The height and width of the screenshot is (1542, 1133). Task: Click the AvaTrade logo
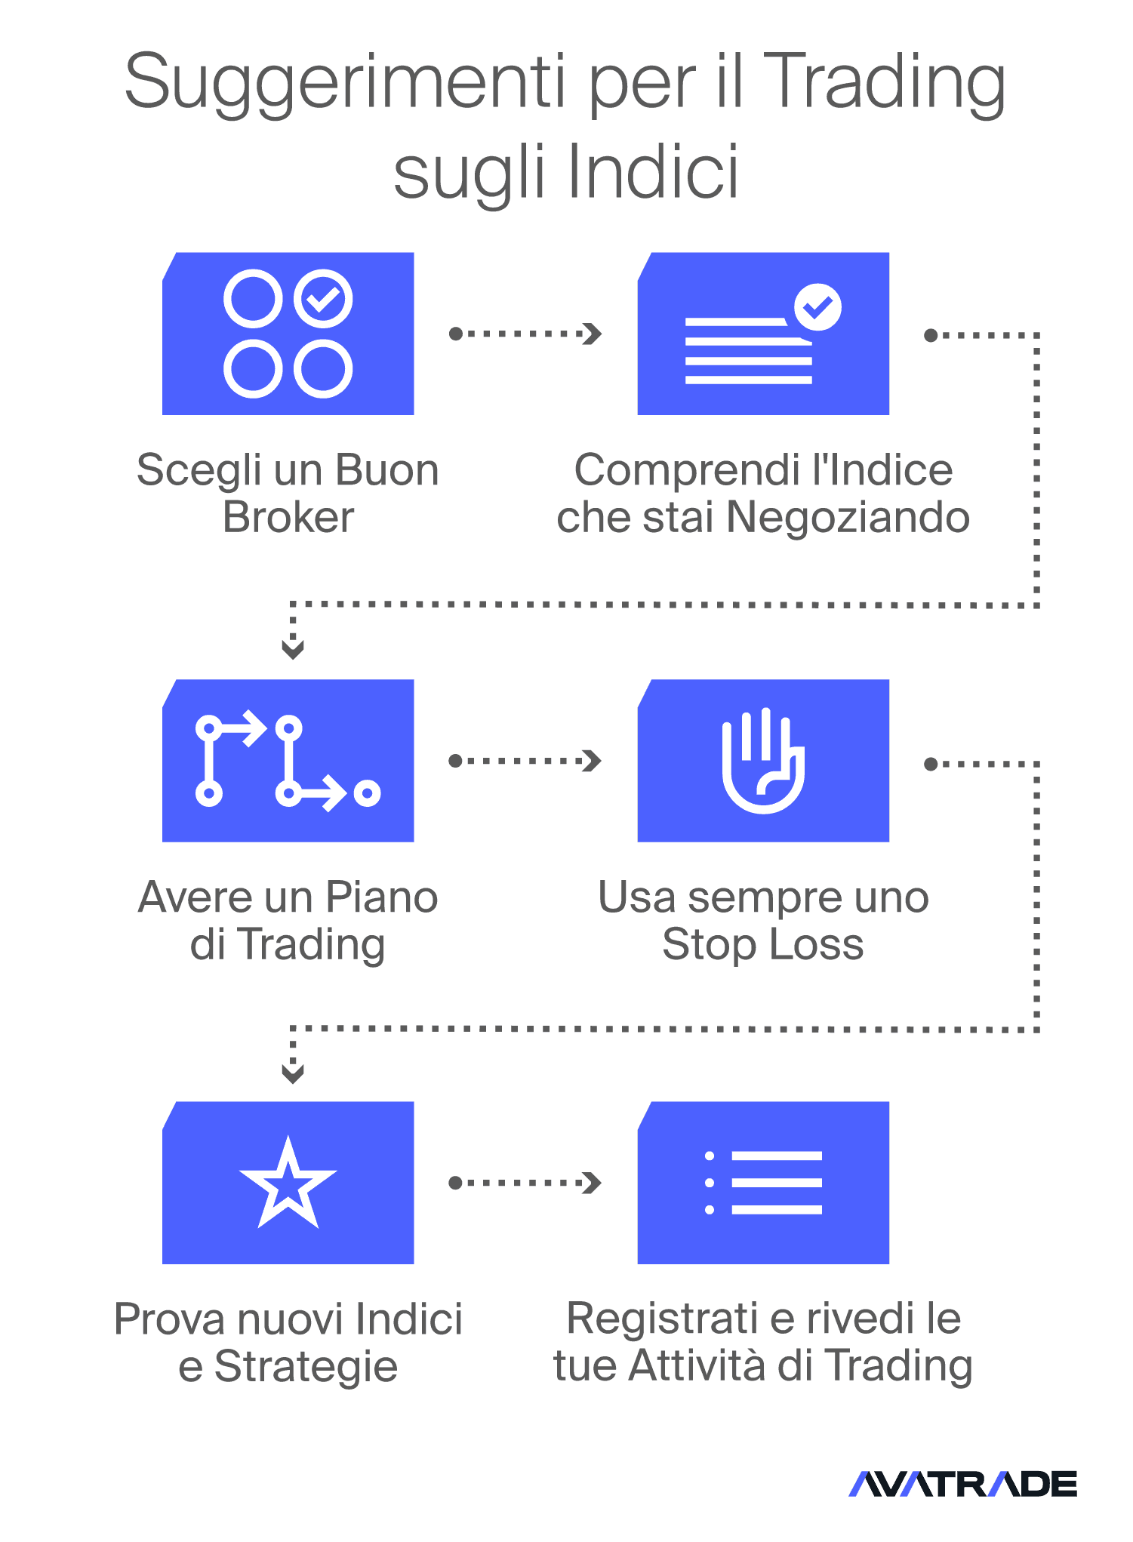(x=962, y=1484)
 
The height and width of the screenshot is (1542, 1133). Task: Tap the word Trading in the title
(x=885, y=83)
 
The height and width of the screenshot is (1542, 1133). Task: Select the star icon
(x=288, y=1183)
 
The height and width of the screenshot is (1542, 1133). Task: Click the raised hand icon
(x=763, y=760)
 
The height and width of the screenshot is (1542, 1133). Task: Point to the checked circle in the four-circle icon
(x=323, y=298)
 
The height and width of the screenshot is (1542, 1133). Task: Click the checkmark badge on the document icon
(x=817, y=307)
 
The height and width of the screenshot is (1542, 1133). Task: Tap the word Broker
(x=288, y=518)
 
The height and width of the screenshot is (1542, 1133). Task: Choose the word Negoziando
(x=848, y=519)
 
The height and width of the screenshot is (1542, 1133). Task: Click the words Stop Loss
(x=763, y=945)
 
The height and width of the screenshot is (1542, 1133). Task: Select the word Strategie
(x=306, y=1368)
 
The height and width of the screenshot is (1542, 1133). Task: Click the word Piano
(x=381, y=898)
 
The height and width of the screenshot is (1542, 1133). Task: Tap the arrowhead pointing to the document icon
(x=593, y=334)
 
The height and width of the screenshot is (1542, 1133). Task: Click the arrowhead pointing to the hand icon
(x=593, y=761)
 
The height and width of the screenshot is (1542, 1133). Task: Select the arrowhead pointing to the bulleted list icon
(x=593, y=1183)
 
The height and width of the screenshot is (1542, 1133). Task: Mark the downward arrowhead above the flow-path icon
(x=293, y=650)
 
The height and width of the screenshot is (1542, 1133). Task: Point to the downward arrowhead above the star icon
(x=293, y=1074)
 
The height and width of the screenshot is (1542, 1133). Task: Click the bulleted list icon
(x=763, y=1183)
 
